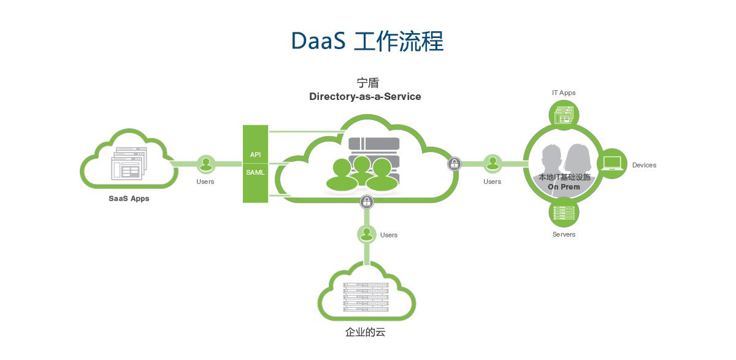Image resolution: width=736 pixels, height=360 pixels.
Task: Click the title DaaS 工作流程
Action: point(367,40)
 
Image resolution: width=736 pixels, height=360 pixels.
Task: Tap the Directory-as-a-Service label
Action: point(365,96)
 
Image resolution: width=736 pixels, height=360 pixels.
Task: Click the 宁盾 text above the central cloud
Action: point(368,83)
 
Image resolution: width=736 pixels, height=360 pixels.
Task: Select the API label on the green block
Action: point(255,155)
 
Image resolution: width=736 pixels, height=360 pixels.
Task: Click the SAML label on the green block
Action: point(255,172)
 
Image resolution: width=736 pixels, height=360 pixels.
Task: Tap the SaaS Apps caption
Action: point(129,198)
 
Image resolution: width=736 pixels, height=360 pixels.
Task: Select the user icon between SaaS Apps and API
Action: point(206,164)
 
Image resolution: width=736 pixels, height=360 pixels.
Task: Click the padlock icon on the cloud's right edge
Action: point(454,164)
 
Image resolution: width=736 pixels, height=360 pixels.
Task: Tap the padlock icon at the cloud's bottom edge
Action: point(367,201)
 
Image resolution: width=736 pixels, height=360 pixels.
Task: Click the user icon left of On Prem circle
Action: point(492,164)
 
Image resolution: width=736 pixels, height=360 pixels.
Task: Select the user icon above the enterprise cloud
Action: point(367,234)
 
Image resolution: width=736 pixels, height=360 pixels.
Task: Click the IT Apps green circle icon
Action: point(564,115)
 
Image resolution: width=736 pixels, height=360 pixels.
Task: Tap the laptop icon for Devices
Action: point(611,164)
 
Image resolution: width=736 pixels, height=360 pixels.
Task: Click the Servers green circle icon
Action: point(564,212)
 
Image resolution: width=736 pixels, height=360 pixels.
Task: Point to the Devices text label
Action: point(644,165)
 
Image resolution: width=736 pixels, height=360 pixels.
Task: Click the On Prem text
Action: point(564,187)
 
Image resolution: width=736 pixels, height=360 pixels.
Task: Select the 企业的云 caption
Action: point(366,333)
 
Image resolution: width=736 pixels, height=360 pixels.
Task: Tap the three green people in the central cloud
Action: point(359,174)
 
